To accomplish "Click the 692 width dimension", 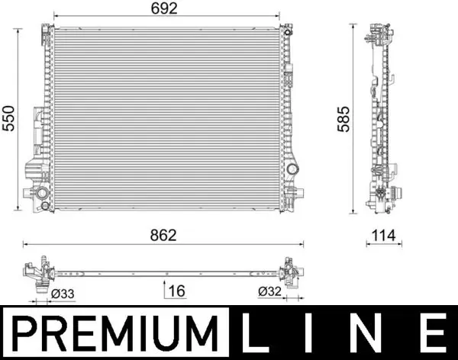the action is [x=164, y=8].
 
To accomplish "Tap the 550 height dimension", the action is [x=8, y=118].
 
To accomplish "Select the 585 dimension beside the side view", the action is [x=343, y=119].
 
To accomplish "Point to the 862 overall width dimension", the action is [x=163, y=236].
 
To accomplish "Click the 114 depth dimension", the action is [x=384, y=236].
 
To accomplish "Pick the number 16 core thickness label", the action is [x=177, y=291].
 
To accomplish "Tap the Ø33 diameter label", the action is [x=63, y=294].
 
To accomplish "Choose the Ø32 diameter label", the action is [x=269, y=291].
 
